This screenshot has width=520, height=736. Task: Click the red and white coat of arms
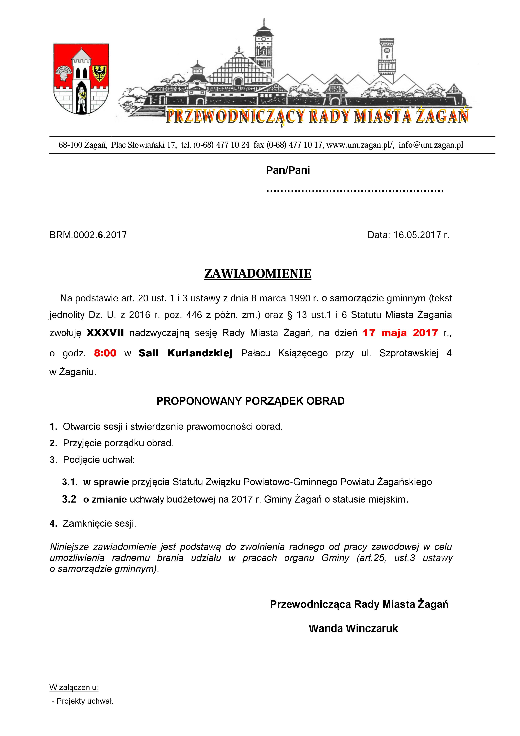81,79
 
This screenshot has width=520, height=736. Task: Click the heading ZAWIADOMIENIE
258,274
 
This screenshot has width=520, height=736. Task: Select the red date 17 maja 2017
400,333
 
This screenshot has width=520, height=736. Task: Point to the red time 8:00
105,353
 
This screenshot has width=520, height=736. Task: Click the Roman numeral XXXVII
105,333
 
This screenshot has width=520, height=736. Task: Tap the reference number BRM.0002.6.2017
88,235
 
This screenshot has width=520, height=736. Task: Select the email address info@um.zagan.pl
431,145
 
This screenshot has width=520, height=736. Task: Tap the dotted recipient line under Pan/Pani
355,191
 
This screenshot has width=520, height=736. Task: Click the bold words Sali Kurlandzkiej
185,353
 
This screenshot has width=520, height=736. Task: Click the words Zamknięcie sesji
99,524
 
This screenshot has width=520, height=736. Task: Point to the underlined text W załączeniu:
74,687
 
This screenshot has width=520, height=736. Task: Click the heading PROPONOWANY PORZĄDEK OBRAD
250,401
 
